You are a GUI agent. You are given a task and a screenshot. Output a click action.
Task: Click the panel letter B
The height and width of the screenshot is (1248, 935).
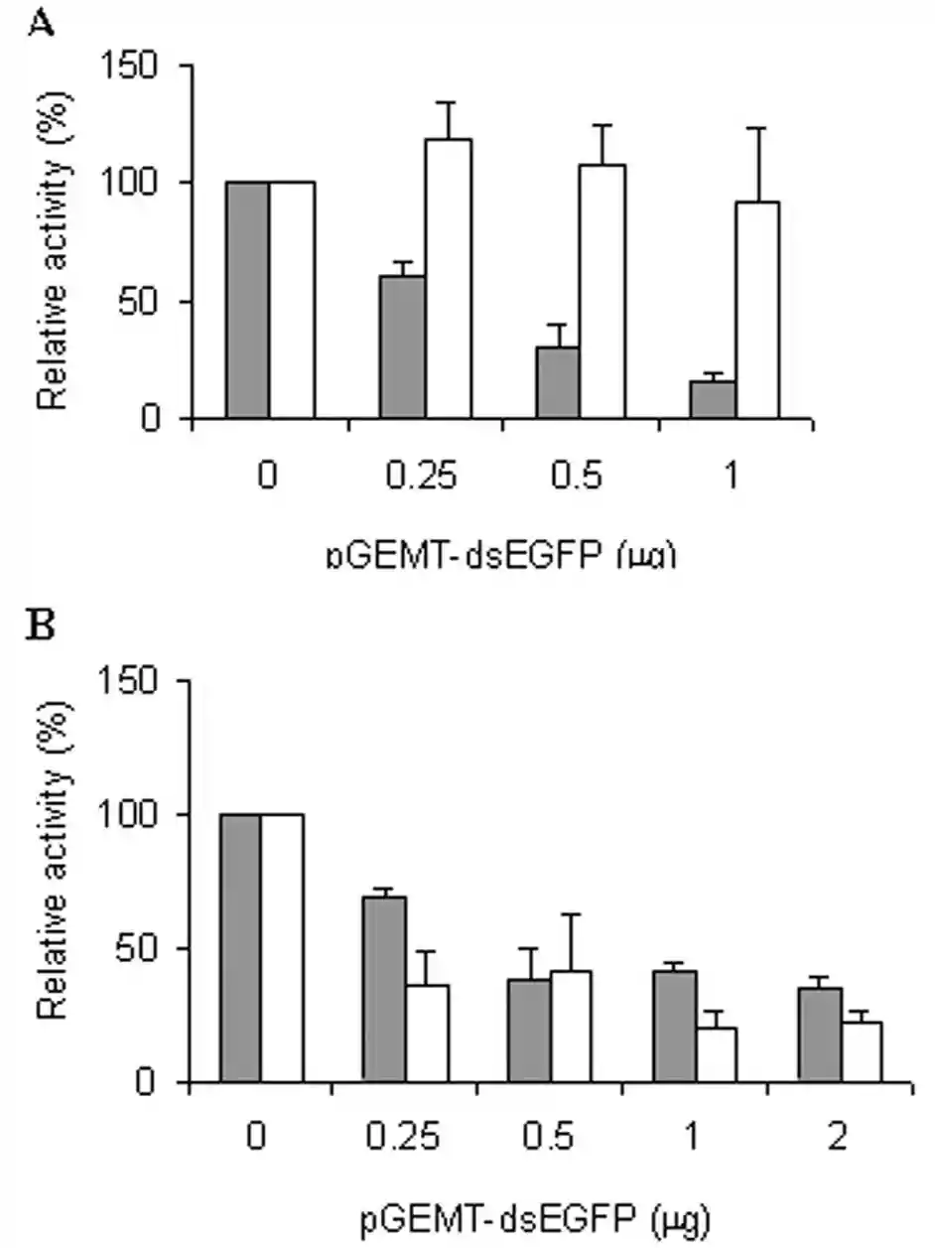(x=41, y=629)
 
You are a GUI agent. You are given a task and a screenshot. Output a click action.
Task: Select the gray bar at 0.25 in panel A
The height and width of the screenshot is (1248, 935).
(x=402, y=347)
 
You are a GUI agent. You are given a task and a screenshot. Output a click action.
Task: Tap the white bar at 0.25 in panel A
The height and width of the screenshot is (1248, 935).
(x=448, y=278)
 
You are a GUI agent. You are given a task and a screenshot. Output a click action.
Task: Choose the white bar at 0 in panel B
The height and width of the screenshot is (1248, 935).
(x=282, y=947)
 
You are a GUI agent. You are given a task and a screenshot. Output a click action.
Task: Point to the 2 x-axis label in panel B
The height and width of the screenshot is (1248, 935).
(x=838, y=1138)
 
